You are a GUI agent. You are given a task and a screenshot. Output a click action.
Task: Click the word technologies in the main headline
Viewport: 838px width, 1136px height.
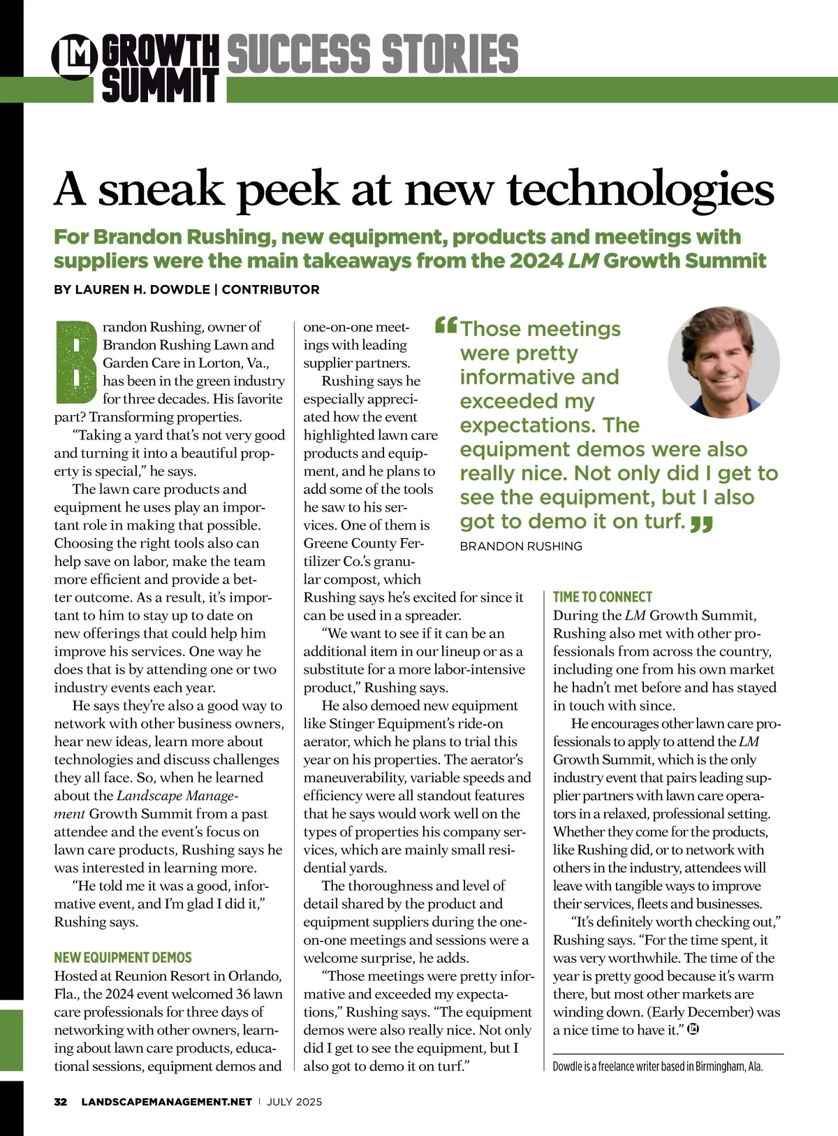click(640, 189)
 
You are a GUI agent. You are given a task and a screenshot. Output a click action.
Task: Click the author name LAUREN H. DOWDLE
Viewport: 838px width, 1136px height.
click(132, 289)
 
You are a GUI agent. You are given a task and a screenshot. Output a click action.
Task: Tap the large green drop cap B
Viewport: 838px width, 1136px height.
click(75, 361)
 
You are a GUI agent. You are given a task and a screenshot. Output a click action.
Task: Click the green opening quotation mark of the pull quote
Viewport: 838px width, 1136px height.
click(446, 326)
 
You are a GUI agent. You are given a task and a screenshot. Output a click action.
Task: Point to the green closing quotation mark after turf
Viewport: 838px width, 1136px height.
click(701, 523)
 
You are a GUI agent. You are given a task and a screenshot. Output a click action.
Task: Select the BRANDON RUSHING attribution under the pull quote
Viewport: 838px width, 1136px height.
click(520, 546)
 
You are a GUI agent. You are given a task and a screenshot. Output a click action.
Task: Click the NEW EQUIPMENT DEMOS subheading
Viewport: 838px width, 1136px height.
click(123, 958)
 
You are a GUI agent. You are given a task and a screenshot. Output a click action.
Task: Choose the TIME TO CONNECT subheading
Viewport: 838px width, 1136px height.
click(602, 597)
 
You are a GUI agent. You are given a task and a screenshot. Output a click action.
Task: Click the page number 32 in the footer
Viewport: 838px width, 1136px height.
click(61, 1102)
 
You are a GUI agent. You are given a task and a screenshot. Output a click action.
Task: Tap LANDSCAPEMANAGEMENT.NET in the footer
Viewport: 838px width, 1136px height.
click(166, 1102)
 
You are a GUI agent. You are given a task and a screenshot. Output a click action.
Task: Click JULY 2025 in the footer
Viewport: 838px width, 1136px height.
click(295, 1102)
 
